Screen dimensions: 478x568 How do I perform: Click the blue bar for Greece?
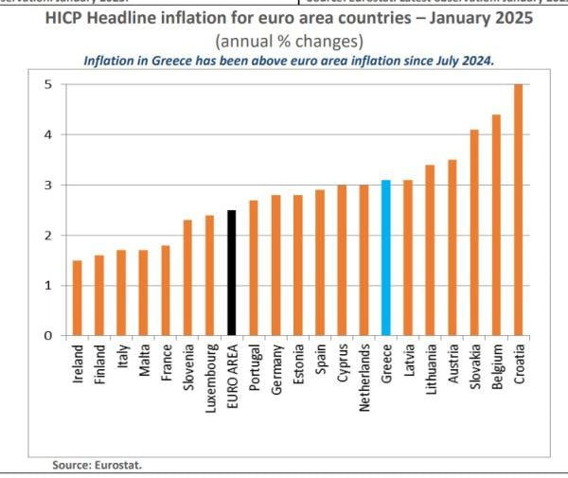tap(385, 257)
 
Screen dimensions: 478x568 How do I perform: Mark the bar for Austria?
tap(452, 248)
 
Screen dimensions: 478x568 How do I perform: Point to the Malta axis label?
tap(144, 362)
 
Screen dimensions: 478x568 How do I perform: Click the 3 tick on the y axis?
tap(48, 185)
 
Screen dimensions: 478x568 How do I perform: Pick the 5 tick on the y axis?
tap(48, 84)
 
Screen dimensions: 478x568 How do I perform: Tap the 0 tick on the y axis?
tap(48, 336)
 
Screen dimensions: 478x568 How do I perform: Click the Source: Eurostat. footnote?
tap(97, 465)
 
